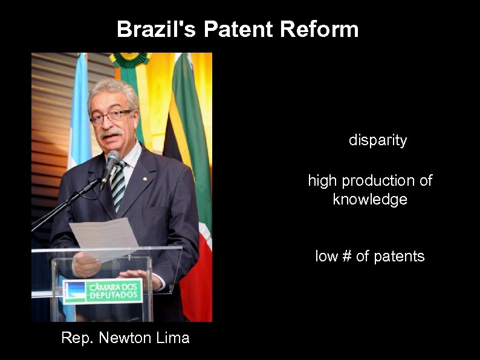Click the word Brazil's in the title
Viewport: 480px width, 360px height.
point(157,29)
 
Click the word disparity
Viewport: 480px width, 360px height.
point(378,141)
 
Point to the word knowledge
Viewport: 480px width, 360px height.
point(370,200)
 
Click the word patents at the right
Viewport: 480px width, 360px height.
point(398,257)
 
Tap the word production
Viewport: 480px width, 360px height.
point(379,181)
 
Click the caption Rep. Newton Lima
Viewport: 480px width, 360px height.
point(125,338)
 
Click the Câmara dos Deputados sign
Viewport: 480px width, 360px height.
point(103,291)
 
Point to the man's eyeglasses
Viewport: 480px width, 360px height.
point(111,116)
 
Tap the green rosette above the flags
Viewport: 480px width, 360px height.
point(129,59)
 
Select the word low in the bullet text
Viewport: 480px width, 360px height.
point(326,257)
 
